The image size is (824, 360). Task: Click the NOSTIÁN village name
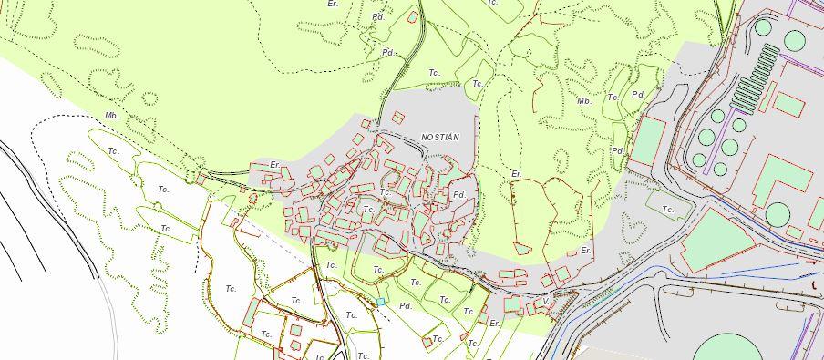(439, 138)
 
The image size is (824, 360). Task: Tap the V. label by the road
(546, 302)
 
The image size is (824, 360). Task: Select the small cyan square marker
(381, 302)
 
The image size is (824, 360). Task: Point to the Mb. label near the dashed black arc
(112, 117)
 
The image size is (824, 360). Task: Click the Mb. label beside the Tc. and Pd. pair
(584, 101)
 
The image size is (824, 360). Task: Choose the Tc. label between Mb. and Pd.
(613, 97)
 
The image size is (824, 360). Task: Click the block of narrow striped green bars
(756, 77)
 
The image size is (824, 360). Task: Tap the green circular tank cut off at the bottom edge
(730, 348)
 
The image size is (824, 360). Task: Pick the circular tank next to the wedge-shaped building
(777, 214)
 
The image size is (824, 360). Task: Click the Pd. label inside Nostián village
(458, 195)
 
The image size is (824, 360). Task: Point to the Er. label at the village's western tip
(274, 165)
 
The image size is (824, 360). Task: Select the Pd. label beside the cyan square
(406, 306)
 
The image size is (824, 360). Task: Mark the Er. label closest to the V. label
(495, 324)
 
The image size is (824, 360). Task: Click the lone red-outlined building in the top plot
(414, 16)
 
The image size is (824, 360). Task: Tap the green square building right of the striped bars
(789, 105)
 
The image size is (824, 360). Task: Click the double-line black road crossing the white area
(55, 210)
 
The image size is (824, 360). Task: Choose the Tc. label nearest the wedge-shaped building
(668, 210)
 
